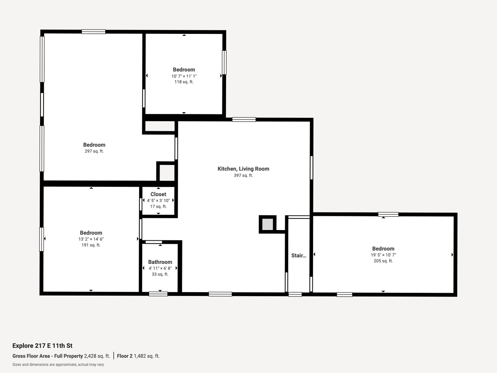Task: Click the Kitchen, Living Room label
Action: point(243,169)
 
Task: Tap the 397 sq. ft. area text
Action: point(243,175)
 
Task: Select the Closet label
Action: point(158,194)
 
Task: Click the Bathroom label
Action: point(160,262)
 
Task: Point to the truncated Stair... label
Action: point(299,256)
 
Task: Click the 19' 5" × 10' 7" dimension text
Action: point(383,255)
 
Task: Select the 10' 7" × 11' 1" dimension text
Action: point(184,76)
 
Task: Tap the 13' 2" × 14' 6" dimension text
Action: point(91,239)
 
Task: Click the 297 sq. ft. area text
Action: point(94,151)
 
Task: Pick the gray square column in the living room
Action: point(267,224)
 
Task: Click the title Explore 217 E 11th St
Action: point(42,346)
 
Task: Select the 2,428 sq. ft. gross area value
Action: point(97,356)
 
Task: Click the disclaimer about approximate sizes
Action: point(58,365)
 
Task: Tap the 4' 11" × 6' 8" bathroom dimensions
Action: point(160,268)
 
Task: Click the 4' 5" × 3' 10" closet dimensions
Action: point(158,201)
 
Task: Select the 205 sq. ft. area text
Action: point(383,261)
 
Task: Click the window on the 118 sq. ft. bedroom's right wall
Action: point(224,63)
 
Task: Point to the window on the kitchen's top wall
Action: point(244,120)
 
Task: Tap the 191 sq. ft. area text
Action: point(91,245)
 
